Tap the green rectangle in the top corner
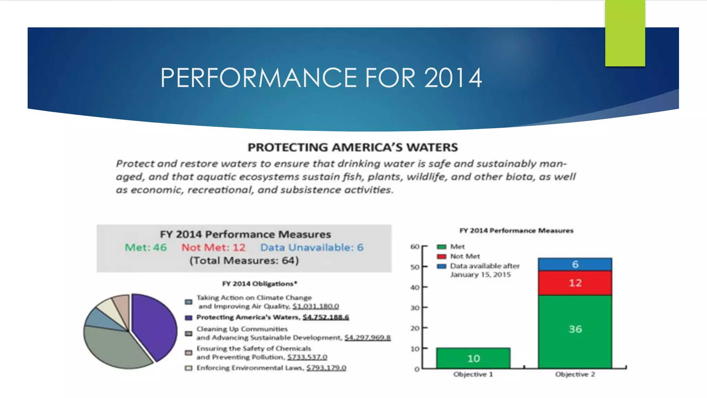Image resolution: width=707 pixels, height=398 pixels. (625, 33)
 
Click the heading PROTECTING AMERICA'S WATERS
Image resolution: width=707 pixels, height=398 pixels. (353, 148)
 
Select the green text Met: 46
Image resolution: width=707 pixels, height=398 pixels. (146, 247)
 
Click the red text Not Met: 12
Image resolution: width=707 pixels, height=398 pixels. (213, 247)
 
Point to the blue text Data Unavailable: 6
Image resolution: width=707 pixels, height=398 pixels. (312, 247)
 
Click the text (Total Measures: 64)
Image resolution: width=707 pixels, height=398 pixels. (244, 260)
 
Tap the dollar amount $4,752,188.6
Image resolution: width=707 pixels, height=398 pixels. (326, 317)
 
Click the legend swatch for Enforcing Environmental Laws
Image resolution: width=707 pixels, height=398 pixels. (188, 368)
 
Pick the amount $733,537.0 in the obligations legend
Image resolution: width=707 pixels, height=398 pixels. (307, 357)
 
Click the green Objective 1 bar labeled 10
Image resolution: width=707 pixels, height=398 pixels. (473, 358)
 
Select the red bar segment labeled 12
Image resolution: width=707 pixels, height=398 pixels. (575, 283)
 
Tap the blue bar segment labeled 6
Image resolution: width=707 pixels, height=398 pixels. (575, 264)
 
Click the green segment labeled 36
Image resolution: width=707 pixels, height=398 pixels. (575, 329)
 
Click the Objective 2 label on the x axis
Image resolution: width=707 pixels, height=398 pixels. (575, 375)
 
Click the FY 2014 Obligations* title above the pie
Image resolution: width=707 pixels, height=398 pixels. (259, 284)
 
